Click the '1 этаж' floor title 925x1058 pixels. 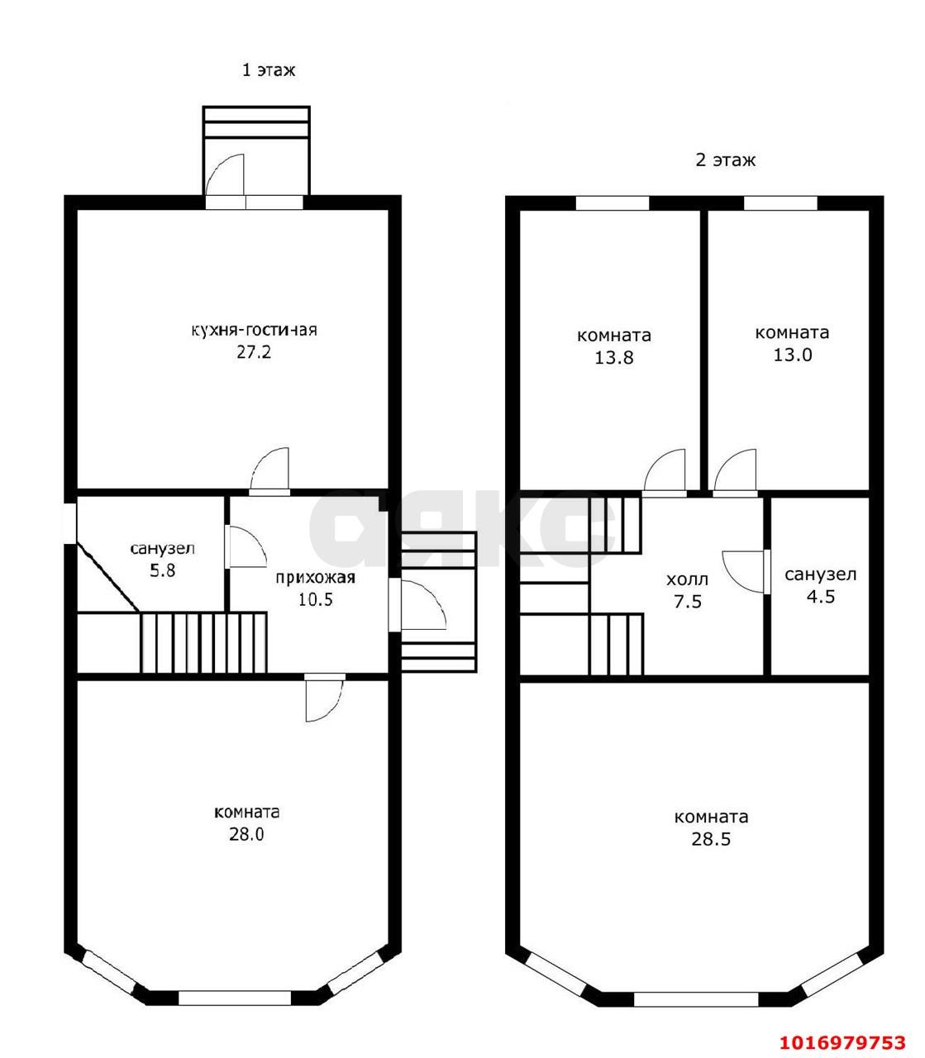point(269,69)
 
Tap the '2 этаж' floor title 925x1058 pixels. point(725,160)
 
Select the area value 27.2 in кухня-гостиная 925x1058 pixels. point(254,352)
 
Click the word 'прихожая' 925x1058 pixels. point(315,578)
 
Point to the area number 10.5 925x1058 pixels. point(316,600)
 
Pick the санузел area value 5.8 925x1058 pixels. point(163,570)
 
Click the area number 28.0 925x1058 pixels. point(246,834)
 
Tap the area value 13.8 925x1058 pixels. point(613,358)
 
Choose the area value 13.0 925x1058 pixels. point(793,355)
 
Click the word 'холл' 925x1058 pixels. point(687,579)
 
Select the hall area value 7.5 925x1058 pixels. point(688,602)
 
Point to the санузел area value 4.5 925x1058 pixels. point(821,597)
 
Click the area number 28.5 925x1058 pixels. point(711,839)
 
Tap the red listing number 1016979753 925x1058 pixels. point(843,1028)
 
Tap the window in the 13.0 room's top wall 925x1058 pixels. point(780,203)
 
